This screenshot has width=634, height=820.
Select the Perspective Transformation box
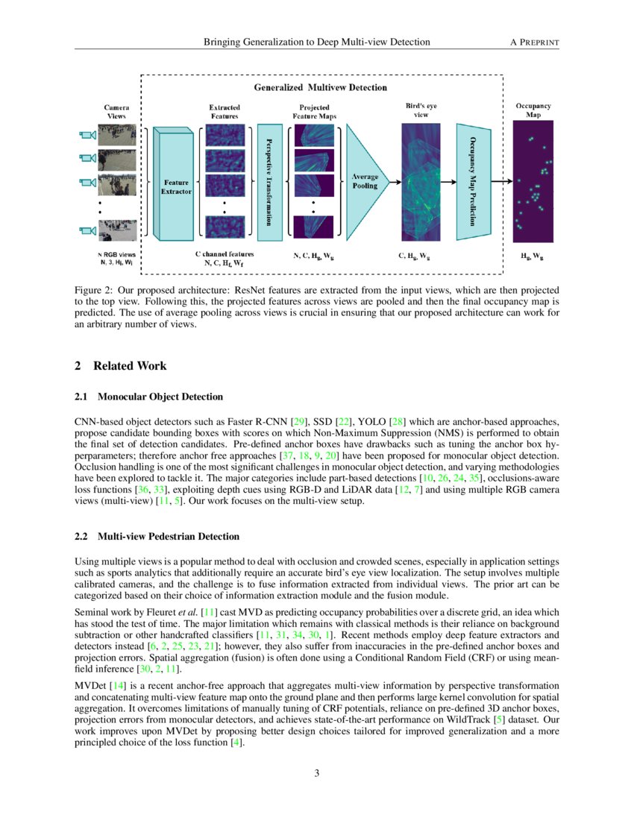[269, 181]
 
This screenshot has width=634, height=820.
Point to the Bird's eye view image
[421, 181]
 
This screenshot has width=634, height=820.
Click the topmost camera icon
[87, 135]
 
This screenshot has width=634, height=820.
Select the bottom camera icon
[87, 230]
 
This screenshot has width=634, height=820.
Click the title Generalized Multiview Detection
[321, 87]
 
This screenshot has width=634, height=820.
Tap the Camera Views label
[116, 112]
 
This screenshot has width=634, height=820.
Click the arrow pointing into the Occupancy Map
[504, 181]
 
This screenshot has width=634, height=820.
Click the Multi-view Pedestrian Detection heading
[166, 536]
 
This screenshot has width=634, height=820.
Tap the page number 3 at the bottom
[317, 772]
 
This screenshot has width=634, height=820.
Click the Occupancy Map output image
[533, 181]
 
